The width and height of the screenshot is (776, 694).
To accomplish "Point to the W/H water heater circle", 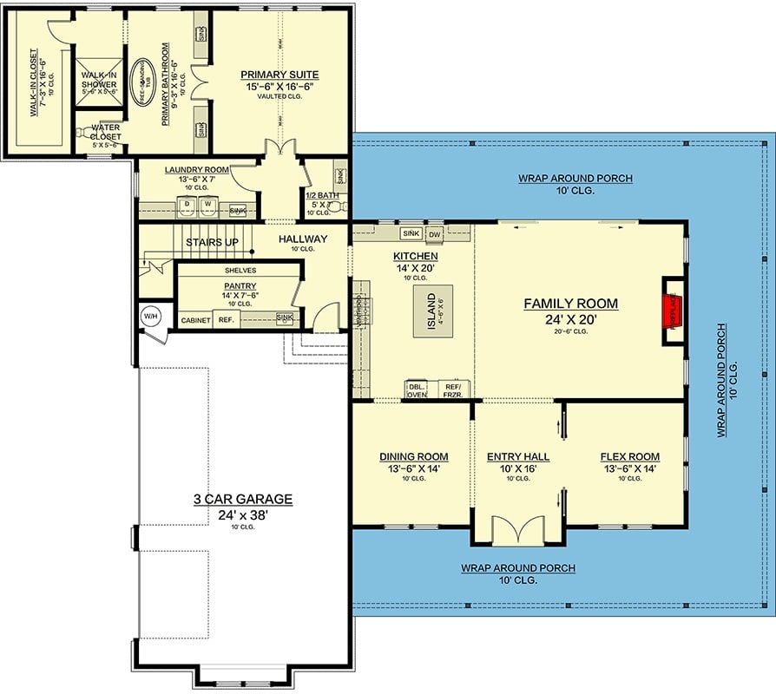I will click(150, 316).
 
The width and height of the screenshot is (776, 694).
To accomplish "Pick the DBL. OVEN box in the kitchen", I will click(417, 390).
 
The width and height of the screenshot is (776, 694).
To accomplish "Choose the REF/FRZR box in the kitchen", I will click(452, 390).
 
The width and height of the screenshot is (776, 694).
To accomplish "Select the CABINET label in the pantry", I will click(195, 320).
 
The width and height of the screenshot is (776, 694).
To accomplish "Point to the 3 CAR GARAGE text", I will click(242, 500).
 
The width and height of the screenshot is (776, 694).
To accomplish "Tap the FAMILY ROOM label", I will click(570, 304).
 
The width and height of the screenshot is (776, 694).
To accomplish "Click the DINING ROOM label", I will click(413, 456).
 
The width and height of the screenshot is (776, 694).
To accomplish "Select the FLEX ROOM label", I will click(629, 456).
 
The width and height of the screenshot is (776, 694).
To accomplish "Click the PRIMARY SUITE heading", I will click(279, 75).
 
